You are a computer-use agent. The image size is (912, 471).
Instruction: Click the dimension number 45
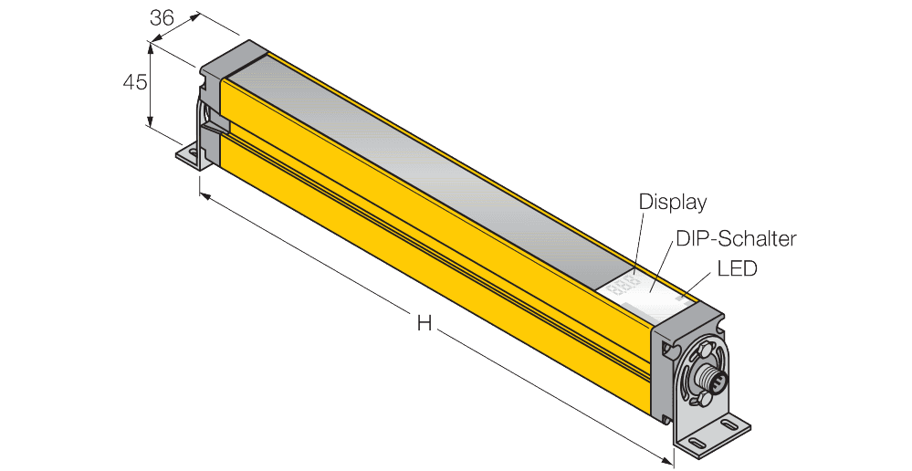coord(135,82)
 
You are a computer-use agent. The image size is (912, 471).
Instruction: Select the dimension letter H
coord(424,322)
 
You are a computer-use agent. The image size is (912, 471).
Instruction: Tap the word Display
coord(673,201)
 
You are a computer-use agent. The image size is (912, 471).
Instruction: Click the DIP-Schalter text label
coord(736,239)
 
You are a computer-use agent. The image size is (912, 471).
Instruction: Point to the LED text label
coord(738,270)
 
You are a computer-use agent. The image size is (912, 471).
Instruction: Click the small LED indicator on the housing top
coord(680,298)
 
